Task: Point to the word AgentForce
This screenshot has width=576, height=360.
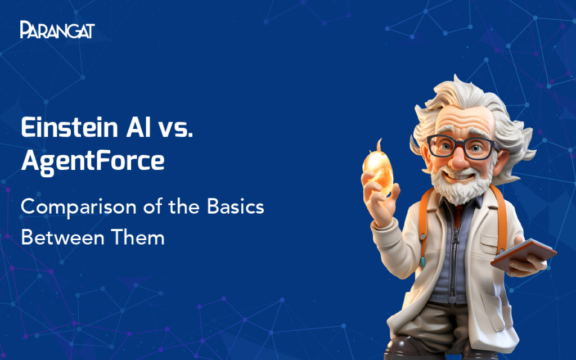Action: click(x=93, y=161)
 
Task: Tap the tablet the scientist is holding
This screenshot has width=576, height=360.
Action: click(x=523, y=254)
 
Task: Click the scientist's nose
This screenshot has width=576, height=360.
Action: click(x=459, y=159)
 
